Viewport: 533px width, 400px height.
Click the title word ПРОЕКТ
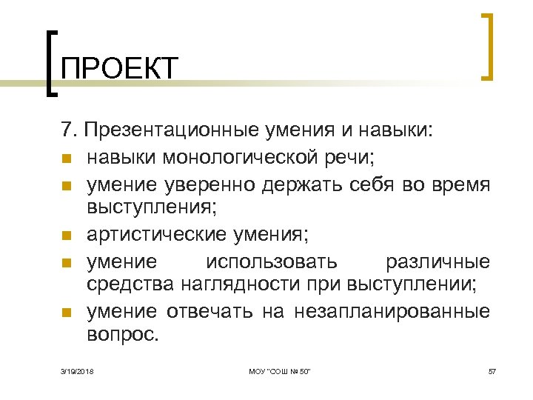(x=120, y=69)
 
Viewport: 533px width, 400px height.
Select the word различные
(x=438, y=260)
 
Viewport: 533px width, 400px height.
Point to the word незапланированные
(x=392, y=310)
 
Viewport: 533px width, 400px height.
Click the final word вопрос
(x=122, y=335)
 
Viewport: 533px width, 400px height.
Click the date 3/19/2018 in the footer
(x=79, y=370)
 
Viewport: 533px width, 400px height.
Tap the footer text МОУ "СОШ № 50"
(x=280, y=370)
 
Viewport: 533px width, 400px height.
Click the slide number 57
(x=492, y=370)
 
